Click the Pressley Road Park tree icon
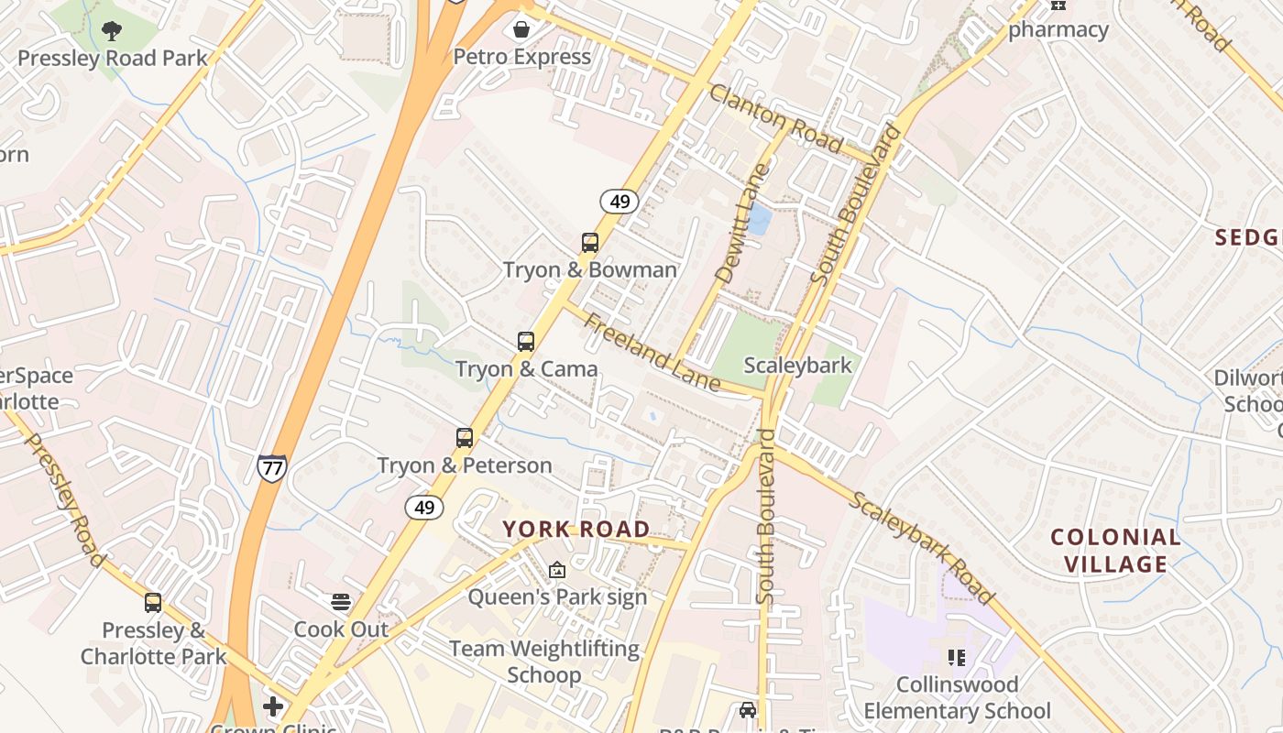click(x=112, y=31)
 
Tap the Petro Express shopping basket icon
click(x=521, y=29)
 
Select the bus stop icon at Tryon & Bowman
click(x=590, y=243)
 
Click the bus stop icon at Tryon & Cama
click(x=526, y=342)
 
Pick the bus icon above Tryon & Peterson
click(x=465, y=438)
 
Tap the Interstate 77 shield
click(x=271, y=468)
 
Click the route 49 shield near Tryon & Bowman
click(x=620, y=202)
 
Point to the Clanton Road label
click(x=775, y=118)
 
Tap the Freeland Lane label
click(x=652, y=353)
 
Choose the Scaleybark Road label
click(x=921, y=548)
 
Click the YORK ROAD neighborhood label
click(x=576, y=529)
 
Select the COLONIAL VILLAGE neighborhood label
click(x=1115, y=551)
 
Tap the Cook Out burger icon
click(x=341, y=602)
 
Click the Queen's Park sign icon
click(x=556, y=570)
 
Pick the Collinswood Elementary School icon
click(x=957, y=657)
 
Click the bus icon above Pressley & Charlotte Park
click(x=153, y=603)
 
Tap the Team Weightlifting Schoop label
click(x=544, y=662)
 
